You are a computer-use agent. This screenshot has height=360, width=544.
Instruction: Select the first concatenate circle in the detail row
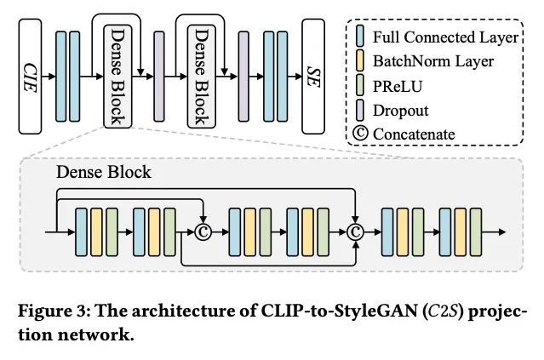tap(203, 232)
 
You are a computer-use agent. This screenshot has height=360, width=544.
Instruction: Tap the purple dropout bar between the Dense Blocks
tap(159, 77)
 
